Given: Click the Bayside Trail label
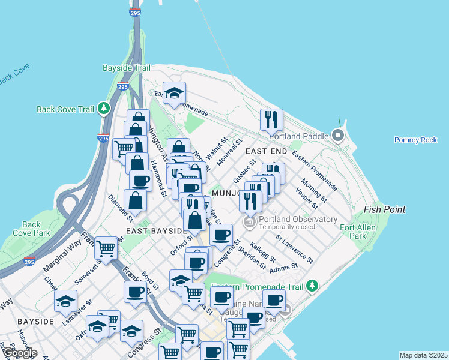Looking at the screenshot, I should pos(126,68).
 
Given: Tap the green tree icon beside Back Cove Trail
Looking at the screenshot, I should pos(105,109).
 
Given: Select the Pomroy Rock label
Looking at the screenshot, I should pos(415,140).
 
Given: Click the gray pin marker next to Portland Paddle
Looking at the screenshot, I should pos(338,136).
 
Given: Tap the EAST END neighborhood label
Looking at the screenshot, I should pos(266,151).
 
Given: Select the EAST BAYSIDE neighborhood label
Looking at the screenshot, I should pos(155,230).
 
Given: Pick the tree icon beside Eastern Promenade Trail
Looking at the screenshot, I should pos(311,286).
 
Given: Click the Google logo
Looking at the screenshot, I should pos(19,353).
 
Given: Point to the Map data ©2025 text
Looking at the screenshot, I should pos(423,355).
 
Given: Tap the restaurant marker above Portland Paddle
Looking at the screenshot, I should pos(271,120).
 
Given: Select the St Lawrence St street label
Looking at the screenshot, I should pos(294,248).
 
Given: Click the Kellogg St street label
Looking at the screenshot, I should pos(263,252).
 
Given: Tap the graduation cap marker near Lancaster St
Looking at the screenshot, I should pos(65,301).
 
